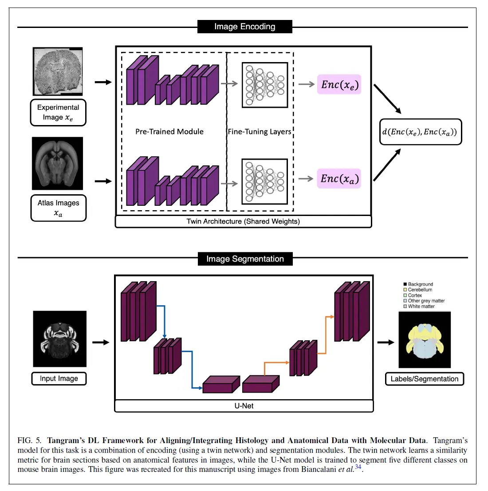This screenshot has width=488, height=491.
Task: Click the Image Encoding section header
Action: click(x=244, y=27)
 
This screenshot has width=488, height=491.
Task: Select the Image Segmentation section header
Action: click(x=245, y=259)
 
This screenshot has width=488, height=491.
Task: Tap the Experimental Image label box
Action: click(x=58, y=113)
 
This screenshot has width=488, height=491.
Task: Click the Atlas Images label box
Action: click(x=58, y=208)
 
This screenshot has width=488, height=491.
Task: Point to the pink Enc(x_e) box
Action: click(x=339, y=84)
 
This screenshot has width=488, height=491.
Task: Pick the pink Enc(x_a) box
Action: click(x=339, y=179)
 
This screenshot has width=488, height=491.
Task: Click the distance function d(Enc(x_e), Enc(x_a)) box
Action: click(x=420, y=132)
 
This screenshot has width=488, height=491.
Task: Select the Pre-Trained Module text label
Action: click(x=169, y=132)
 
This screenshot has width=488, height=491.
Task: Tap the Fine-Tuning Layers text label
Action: click(x=260, y=132)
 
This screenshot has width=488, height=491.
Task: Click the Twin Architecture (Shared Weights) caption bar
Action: click(x=243, y=221)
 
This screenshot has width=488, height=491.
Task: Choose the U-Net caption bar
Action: click(x=244, y=406)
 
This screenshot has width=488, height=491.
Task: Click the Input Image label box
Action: click(x=59, y=378)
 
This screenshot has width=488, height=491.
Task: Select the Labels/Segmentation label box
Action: click(x=424, y=379)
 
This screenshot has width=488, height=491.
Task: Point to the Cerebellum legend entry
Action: click(x=420, y=290)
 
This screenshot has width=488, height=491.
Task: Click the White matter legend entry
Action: click(x=421, y=306)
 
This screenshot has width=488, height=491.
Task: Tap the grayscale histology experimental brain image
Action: click(x=58, y=71)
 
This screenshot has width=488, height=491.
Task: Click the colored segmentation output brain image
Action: click(x=425, y=340)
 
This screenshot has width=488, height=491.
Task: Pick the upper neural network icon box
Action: click(x=265, y=85)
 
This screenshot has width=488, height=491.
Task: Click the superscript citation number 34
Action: click(x=358, y=467)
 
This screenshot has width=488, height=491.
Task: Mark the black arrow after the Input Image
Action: click(x=101, y=342)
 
